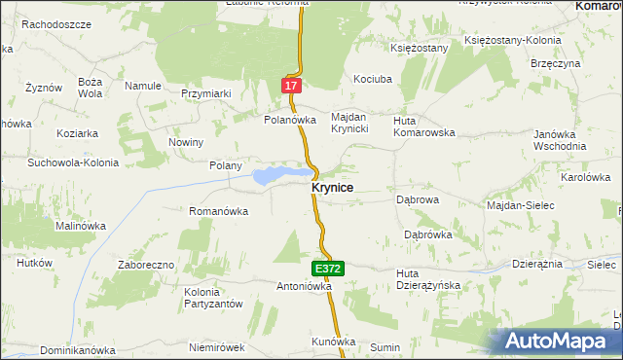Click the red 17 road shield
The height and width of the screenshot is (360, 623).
tap(291, 87)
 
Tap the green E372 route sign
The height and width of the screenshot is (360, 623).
tap(326, 267)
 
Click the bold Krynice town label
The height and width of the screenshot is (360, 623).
tap(332, 188)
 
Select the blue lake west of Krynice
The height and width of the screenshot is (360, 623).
tap(274, 176)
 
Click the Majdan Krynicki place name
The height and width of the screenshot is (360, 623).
tap(348, 123)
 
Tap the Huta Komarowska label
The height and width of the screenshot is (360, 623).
tap(423, 126)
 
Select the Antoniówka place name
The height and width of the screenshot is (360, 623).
tap(305, 287)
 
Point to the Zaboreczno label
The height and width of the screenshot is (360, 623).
tap(146, 265)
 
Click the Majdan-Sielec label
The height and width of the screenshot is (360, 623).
tap(520, 205)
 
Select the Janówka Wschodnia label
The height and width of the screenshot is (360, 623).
tap(560, 140)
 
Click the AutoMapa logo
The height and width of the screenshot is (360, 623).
tap(558, 341)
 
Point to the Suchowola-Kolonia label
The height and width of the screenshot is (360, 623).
tap(72, 162)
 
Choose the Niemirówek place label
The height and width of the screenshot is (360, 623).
tap(216, 347)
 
